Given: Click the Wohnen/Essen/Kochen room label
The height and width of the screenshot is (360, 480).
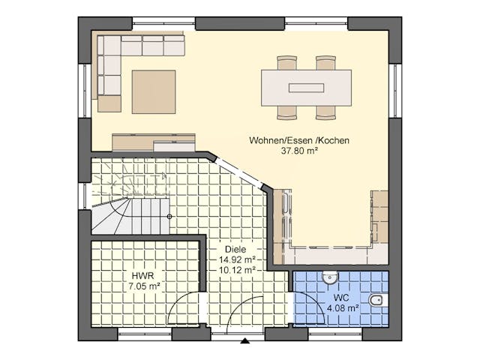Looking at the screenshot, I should coord(299,139).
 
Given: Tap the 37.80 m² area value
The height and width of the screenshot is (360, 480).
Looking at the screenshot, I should coord(299,150).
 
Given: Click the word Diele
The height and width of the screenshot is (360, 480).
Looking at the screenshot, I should coord(235,250).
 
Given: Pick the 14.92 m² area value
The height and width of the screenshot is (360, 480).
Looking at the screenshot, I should coord(237,259).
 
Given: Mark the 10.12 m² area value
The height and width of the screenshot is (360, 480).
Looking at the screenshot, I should coord(237,270).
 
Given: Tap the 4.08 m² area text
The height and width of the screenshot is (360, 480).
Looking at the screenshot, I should coord(341,307).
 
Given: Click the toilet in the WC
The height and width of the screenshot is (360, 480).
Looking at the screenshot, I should coord(377,301).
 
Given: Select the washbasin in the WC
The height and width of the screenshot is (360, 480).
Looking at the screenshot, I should coord(331,278).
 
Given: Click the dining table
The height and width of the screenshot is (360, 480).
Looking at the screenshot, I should coord(306,88).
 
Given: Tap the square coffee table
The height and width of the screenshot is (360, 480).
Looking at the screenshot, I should coord(154,91).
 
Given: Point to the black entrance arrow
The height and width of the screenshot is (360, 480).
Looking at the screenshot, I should coord(245,341).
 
